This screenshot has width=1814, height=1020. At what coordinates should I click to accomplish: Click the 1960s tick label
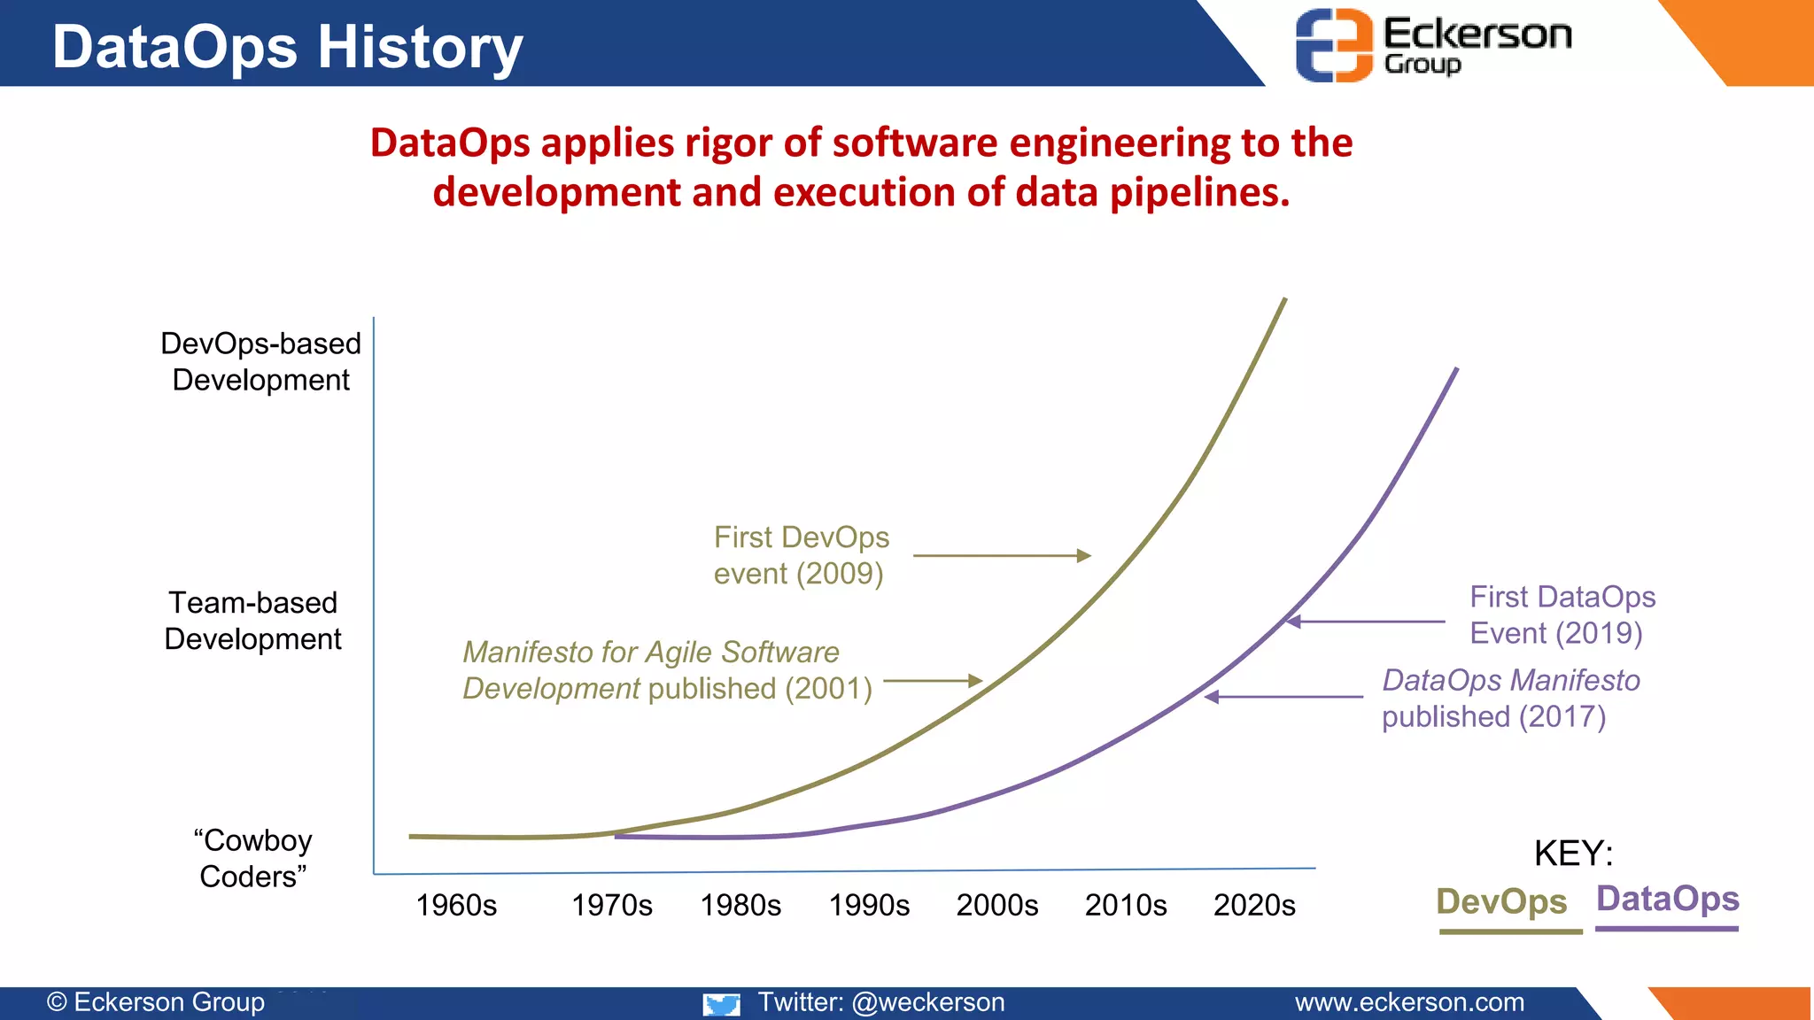pyautogui.click(x=456, y=905)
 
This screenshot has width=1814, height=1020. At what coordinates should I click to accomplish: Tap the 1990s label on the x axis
pyautogui.click(x=869, y=905)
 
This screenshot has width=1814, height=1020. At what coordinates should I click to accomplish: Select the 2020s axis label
pyautogui.click(x=1254, y=905)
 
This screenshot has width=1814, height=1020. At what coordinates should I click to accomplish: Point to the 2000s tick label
pyautogui.click(x=997, y=905)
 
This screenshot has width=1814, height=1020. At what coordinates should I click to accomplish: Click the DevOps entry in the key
pyautogui.click(x=1501, y=901)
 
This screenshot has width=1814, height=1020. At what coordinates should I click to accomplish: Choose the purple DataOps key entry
pyautogui.click(x=1668, y=899)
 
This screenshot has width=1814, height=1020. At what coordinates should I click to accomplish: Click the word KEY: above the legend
pyautogui.click(x=1573, y=854)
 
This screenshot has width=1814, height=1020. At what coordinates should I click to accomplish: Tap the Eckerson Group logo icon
pyautogui.click(x=1334, y=44)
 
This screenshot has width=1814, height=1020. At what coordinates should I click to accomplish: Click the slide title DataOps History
pyautogui.click(x=288, y=46)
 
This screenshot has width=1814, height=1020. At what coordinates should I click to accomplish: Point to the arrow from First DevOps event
pyautogui.click(x=1001, y=556)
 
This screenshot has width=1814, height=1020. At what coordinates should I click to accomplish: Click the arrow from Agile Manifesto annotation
pyautogui.click(x=933, y=681)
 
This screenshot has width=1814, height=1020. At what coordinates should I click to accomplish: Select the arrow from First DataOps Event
pyautogui.click(x=1365, y=622)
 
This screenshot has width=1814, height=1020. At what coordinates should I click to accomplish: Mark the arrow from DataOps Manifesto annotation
pyautogui.click(x=1283, y=697)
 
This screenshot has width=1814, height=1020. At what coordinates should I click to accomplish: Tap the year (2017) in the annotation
pyautogui.click(x=1562, y=716)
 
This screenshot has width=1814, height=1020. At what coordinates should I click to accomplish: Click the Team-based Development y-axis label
pyautogui.click(x=253, y=621)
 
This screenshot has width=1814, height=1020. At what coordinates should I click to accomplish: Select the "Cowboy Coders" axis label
pyautogui.click(x=253, y=858)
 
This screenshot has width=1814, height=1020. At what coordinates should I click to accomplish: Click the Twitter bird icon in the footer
pyautogui.click(x=721, y=1003)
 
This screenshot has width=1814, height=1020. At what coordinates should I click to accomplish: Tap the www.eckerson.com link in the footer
pyautogui.click(x=1409, y=1002)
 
